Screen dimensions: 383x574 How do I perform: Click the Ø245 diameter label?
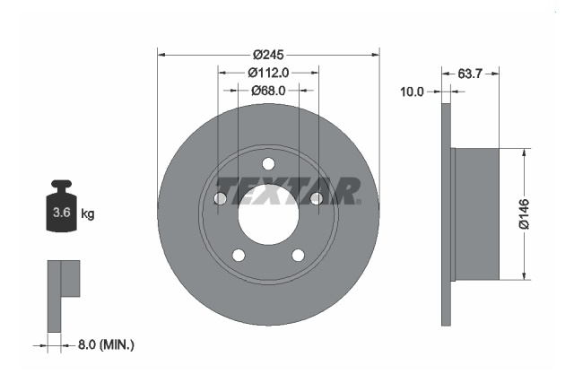click(268, 53)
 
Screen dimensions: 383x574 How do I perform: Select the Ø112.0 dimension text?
click(268, 73)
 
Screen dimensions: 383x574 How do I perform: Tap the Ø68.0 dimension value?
click(268, 91)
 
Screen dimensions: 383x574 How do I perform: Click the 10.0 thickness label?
click(412, 91)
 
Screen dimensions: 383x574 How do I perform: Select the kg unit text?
click(88, 213)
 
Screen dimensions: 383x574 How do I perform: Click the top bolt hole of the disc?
click(268, 163)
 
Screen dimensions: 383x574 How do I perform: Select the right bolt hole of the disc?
click(316, 199)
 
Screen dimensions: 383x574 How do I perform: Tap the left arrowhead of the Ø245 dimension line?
click(162, 53)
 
